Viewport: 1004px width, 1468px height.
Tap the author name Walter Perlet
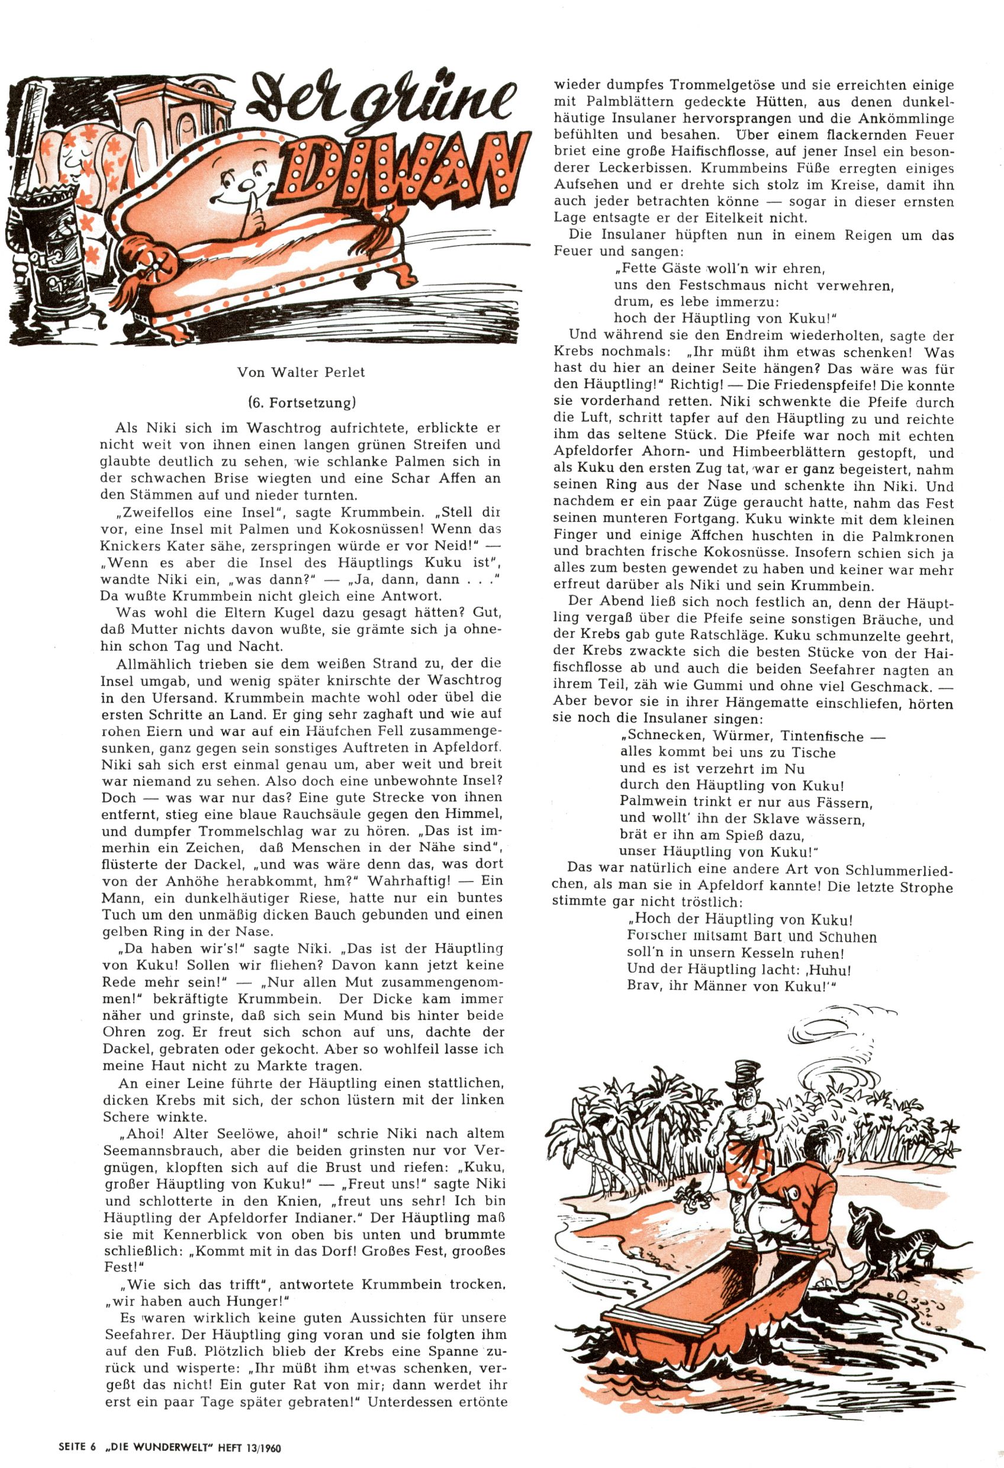(318, 372)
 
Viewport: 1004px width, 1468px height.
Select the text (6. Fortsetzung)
(301, 402)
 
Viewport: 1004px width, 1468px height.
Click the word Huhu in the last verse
(828, 969)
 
